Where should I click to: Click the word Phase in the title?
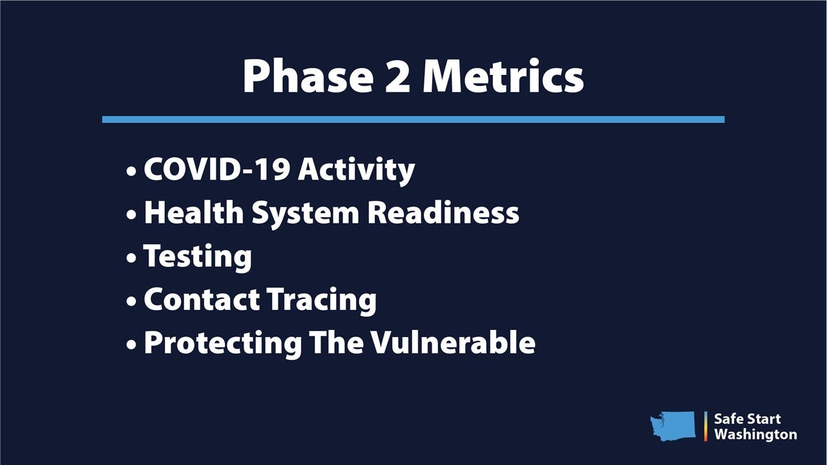click(308, 77)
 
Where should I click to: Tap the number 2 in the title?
click(397, 77)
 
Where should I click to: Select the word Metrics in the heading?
click(503, 77)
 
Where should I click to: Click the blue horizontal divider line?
click(413, 119)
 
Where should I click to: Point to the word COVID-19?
click(216, 169)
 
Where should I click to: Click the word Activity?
click(356, 170)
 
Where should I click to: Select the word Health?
click(194, 212)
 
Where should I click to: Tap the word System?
click(306, 214)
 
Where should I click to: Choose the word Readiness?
click(443, 212)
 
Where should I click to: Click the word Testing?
click(198, 257)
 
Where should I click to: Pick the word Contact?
click(202, 299)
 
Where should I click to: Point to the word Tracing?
click(322, 301)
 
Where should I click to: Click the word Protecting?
click(223, 344)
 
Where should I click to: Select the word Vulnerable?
click(453, 342)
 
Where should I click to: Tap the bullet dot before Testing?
click(131, 258)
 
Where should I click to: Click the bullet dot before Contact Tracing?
click(131, 301)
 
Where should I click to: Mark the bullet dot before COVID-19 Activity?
click(131, 171)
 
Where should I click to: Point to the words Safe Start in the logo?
click(748, 419)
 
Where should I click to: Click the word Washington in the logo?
click(755, 435)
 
